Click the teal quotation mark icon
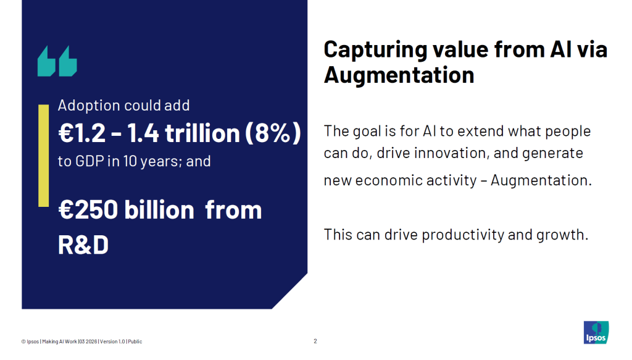57,61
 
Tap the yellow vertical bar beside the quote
44,156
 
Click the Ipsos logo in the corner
596,332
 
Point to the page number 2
315,341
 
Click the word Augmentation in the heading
399,75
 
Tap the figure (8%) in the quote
273,133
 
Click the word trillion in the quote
202,133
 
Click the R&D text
83,245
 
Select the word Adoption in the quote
89,106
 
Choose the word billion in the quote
159,209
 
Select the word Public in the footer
135,341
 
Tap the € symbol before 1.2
65,133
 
